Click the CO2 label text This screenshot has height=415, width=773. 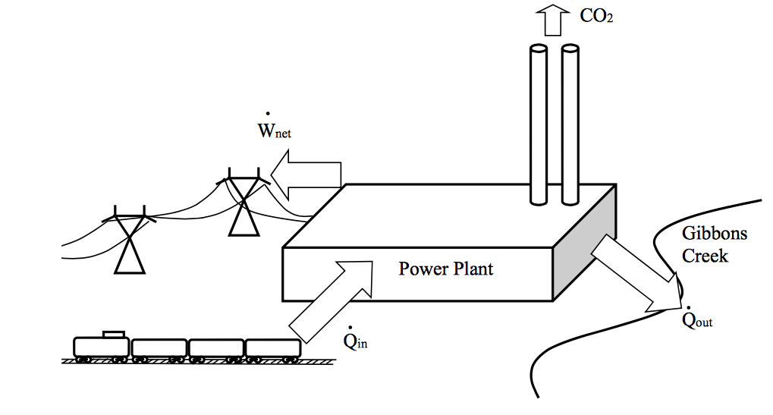[596, 16]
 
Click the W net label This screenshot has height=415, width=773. [274, 131]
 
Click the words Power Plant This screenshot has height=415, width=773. [446, 269]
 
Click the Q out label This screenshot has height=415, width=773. [697, 319]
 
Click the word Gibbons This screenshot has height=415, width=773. [714, 233]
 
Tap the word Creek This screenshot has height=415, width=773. [705, 256]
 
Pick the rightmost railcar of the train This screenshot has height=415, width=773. [272, 347]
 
